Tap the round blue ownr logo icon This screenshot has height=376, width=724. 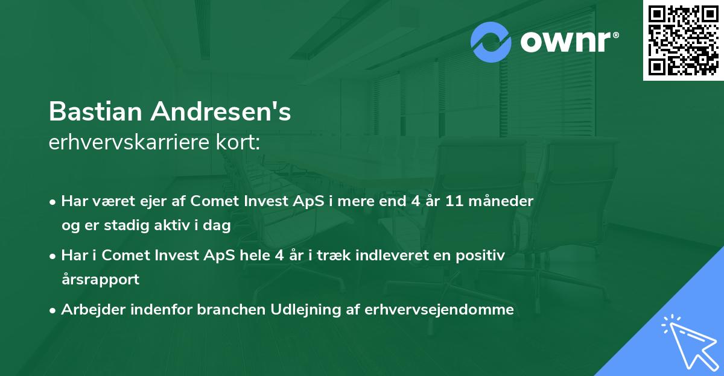491,42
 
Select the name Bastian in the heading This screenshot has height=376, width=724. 96,111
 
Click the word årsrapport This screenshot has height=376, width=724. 100,280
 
